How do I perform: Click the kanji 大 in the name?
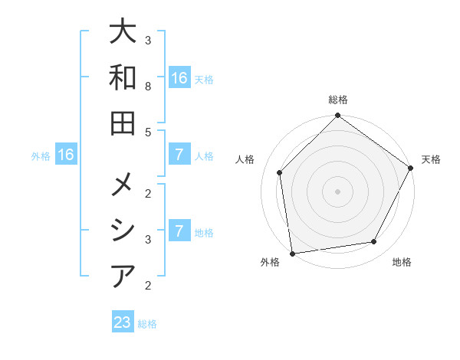(x=123, y=34)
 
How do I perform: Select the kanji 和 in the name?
(x=123, y=78)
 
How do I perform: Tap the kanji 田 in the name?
(x=123, y=123)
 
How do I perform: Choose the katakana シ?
(x=123, y=231)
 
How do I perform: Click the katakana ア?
(x=123, y=276)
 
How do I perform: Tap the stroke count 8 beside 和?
(x=148, y=87)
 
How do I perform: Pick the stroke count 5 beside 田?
(x=148, y=132)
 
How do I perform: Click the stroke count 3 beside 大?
(x=148, y=40)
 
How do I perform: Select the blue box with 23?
(x=123, y=322)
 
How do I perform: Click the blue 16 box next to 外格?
(x=66, y=155)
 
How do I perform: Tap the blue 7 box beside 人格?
(x=179, y=155)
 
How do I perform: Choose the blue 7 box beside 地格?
(x=179, y=231)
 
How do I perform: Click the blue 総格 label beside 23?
(x=147, y=324)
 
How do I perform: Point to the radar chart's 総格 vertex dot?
(x=337, y=116)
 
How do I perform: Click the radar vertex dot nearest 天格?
(x=411, y=169)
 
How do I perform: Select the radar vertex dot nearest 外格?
(x=292, y=253)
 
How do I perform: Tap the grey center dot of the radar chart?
(x=337, y=191)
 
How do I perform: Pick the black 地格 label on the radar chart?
(x=402, y=263)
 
